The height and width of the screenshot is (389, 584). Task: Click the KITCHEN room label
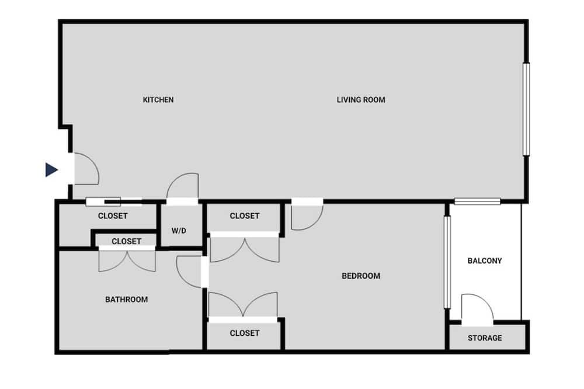pyautogui.click(x=158, y=100)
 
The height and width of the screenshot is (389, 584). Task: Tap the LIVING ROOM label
pyautogui.click(x=361, y=100)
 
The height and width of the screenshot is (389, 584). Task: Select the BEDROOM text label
pyautogui.click(x=361, y=276)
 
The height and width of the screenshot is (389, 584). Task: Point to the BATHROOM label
pyautogui.click(x=126, y=300)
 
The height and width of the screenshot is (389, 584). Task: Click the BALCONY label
pyautogui.click(x=485, y=261)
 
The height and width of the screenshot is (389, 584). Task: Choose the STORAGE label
pyautogui.click(x=485, y=338)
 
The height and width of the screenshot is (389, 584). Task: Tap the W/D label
pyautogui.click(x=179, y=231)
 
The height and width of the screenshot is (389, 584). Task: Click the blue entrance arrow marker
pyautogui.click(x=51, y=169)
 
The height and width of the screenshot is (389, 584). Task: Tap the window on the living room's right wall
pyautogui.click(x=526, y=109)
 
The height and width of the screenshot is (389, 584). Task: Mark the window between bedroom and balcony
pyautogui.click(x=447, y=262)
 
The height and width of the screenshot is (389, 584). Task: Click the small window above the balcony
pyautogui.click(x=477, y=202)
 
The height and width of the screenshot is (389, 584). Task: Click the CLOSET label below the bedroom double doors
pyautogui.click(x=244, y=333)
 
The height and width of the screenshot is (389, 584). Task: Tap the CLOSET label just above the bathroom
pyautogui.click(x=126, y=241)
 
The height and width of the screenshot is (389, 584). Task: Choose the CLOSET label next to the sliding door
pyautogui.click(x=113, y=216)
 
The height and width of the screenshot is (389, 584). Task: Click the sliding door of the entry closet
pyautogui.click(x=114, y=202)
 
